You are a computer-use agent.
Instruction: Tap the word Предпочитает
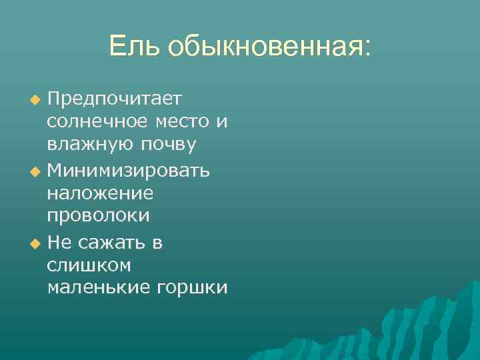click(x=115, y=99)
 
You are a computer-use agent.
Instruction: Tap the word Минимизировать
click(x=129, y=171)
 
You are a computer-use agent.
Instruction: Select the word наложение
click(x=100, y=194)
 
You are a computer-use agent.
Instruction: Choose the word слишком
click(x=89, y=265)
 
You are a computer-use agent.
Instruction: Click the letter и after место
click(x=222, y=122)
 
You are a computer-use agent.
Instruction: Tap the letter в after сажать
click(x=157, y=243)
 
